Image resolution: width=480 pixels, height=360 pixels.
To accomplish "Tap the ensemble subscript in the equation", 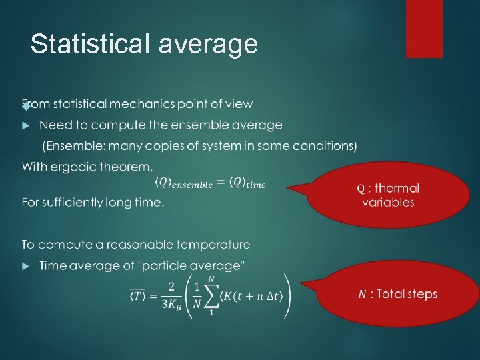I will (x=193, y=185).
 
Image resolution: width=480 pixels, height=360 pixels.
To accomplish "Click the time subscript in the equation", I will (x=254, y=185).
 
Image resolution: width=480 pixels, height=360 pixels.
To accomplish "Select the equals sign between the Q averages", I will (x=221, y=183).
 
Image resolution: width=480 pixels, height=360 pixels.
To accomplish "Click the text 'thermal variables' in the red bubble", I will (x=388, y=196).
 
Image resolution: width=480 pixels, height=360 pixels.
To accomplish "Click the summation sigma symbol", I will (x=211, y=295).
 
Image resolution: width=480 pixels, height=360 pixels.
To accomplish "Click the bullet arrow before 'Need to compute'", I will (x=26, y=125).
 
